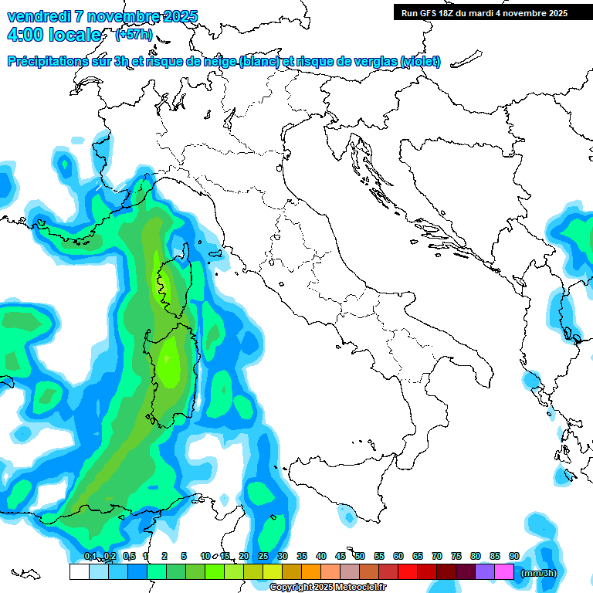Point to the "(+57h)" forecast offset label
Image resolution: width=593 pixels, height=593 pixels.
[x=134, y=35]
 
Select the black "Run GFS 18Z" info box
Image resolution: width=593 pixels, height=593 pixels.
[x=483, y=12]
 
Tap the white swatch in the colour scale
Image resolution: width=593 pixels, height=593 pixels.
[x=79, y=572]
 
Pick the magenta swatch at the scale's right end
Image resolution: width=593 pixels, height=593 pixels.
[x=504, y=572]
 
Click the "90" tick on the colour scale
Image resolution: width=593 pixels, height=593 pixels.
[x=514, y=556]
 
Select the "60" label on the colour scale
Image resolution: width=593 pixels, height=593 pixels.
[x=398, y=556]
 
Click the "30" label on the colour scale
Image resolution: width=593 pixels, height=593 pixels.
[x=283, y=556]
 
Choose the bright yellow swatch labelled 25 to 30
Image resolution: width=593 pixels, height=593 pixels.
[x=273, y=572]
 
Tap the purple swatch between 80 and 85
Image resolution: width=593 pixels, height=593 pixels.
[x=485, y=572]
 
